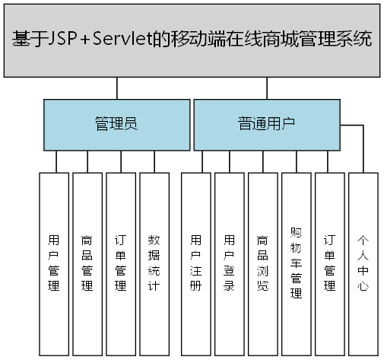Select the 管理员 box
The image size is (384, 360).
coord(116,124)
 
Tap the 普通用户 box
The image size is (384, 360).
coord(266,124)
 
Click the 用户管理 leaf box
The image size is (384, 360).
coord(53,263)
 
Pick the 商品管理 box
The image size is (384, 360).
coord(87,263)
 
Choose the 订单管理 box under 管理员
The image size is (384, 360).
coord(120,263)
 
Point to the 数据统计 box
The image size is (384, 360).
coord(154,263)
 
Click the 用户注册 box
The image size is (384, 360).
coord(196,263)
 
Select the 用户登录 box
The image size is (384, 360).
coord(229,263)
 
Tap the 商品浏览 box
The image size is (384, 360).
coord(262,263)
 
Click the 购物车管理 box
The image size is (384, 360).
coord(296,263)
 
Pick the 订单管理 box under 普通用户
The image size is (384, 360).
coord(329,263)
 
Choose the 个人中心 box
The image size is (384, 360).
coord(363,263)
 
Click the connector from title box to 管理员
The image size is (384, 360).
coord(116,88)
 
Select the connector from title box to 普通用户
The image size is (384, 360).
coord(266,88)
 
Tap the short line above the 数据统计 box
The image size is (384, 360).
coord(154,161)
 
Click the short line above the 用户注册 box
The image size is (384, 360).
coord(203,161)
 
